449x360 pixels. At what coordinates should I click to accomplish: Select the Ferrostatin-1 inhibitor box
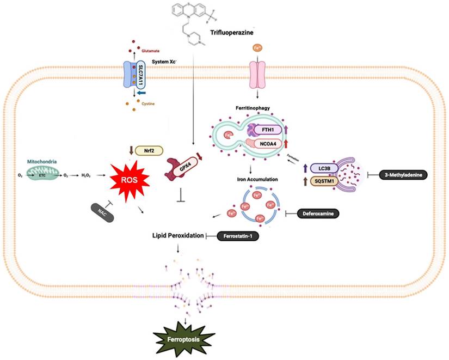coord(237,236)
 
